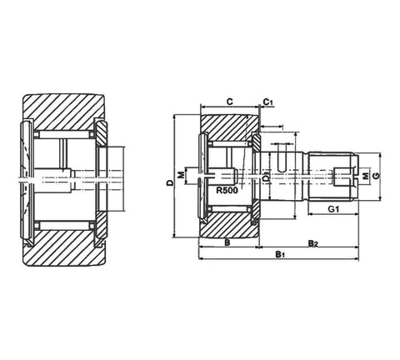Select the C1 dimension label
[x=267, y=102]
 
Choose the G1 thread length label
[x=331, y=209]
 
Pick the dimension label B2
[x=312, y=242]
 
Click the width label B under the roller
[x=227, y=243]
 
